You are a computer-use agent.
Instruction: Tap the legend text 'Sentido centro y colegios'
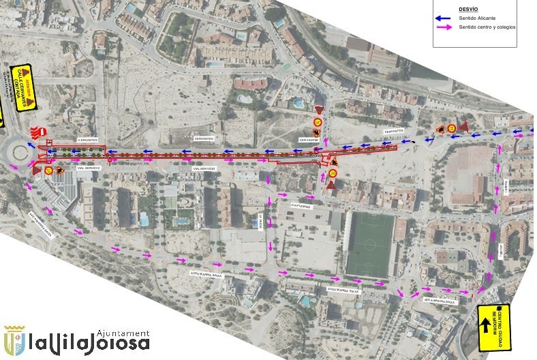tap(487, 27)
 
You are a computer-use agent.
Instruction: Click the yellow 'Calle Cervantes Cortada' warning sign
tap(25, 89)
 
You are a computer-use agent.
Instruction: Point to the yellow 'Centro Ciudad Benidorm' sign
tap(504, 327)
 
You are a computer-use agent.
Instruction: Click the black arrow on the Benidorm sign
tap(486, 325)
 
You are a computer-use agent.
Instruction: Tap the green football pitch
tap(371, 245)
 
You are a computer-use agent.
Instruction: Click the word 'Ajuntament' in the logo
tap(123, 333)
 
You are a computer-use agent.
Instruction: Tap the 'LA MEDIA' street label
tap(259, 220)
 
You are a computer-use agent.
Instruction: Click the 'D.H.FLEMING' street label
tap(301, 205)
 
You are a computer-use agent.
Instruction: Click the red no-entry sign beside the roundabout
tap(42, 130)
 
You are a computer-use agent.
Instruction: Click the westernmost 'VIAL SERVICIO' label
tap(90, 167)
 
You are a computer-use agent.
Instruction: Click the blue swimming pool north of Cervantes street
tap(298, 104)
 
